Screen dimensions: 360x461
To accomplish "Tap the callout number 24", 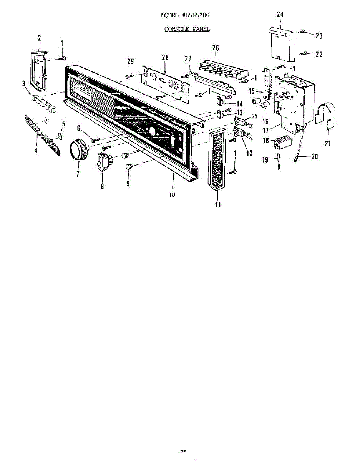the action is pyautogui.click(x=280, y=15).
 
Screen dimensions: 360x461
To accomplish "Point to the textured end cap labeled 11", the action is pyautogui.click(x=218, y=158).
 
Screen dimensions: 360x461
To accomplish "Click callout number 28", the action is pyautogui.click(x=165, y=58).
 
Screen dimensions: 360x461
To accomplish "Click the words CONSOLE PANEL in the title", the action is pyautogui.click(x=187, y=29).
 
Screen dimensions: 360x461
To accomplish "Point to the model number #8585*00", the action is pyautogui.click(x=196, y=15).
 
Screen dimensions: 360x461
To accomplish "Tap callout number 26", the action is pyautogui.click(x=216, y=48).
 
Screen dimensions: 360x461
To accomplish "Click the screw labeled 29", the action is pyautogui.click(x=128, y=76).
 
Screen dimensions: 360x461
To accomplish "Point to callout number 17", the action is pyautogui.click(x=265, y=131).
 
